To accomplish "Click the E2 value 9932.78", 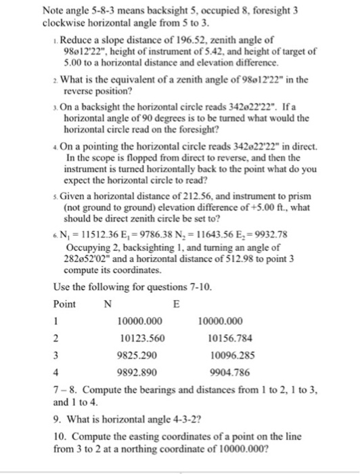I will pyautogui.click(x=274, y=254).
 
